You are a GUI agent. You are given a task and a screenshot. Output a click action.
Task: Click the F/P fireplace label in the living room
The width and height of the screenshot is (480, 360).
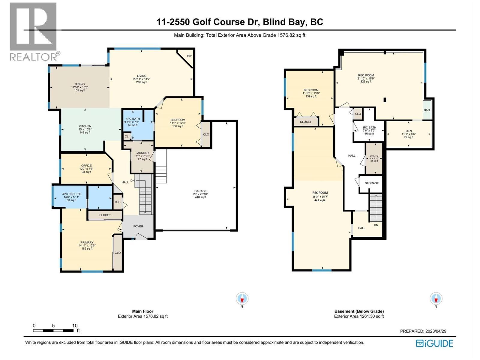189,56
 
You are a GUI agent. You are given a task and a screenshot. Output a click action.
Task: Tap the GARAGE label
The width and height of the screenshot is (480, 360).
200,191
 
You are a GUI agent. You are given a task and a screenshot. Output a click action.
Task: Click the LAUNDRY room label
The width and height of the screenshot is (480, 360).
142,153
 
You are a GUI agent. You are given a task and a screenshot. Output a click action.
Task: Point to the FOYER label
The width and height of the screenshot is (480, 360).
138,226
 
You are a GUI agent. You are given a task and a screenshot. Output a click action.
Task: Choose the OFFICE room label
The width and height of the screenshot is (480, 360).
86,166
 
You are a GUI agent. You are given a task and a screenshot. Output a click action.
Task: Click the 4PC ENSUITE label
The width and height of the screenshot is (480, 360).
71,194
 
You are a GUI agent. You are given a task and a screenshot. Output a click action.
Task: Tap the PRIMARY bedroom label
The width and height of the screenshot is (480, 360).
87,242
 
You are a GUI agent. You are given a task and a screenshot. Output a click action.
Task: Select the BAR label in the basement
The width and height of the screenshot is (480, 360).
427,110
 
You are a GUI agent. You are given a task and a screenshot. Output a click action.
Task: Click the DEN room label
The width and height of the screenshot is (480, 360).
409,131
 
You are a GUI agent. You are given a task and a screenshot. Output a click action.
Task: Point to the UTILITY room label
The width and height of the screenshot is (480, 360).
374,156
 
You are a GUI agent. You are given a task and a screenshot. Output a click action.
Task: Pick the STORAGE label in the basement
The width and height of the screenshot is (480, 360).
372,183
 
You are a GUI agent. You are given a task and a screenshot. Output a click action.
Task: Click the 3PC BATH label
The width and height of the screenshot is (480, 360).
369,127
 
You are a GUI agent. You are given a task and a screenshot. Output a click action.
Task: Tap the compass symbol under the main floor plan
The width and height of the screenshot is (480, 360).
242,299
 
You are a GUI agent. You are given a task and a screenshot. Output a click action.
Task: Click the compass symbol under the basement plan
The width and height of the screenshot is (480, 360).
436,299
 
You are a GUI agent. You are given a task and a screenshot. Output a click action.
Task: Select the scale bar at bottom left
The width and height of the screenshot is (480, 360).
53,331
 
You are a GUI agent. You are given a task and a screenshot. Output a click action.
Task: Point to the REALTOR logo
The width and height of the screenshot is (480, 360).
33,31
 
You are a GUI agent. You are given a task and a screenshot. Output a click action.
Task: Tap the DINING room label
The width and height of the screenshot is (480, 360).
80,84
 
